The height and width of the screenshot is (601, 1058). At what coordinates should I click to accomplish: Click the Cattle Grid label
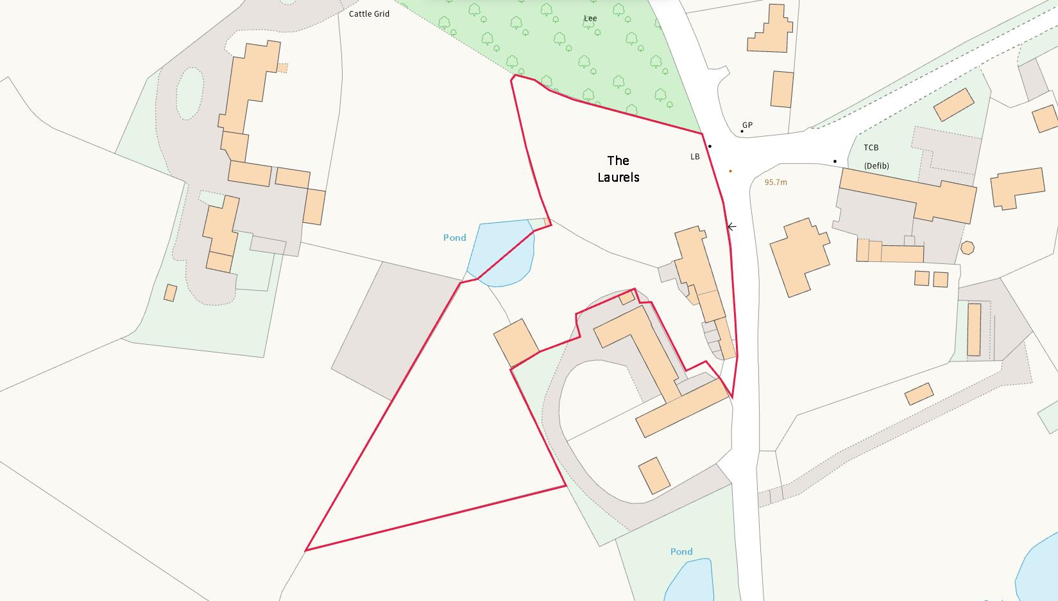point(369,13)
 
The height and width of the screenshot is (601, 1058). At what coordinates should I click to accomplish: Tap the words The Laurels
point(619,169)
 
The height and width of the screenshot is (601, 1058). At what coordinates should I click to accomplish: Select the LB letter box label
point(695,157)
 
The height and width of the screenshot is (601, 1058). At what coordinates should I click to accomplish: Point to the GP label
point(747,125)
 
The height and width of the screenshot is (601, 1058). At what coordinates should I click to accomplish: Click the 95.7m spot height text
point(776,182)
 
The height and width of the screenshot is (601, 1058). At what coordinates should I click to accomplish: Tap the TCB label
point(871,148)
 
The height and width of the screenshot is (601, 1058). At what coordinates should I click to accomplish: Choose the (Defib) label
point(876,166)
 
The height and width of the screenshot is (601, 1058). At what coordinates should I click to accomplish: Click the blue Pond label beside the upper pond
point(454,238)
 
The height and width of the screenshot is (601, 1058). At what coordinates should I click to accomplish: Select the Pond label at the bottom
point(681,552)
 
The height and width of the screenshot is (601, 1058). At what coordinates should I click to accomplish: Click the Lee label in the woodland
point(590,18)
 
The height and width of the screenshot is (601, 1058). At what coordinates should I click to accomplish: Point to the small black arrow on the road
point(731,227)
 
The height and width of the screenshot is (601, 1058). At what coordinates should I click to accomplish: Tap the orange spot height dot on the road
point(730,171)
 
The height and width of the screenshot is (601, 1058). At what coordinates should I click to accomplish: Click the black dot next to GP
point(742,132)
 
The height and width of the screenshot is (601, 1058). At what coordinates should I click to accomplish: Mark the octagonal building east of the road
point(968,247)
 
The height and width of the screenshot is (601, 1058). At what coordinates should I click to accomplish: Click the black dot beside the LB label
point(710,146)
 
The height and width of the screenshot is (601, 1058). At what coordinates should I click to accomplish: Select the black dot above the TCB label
point(835,161)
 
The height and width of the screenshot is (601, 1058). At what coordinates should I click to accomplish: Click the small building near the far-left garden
point(170,293)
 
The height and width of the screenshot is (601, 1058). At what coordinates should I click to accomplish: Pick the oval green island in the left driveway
point(189,94)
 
